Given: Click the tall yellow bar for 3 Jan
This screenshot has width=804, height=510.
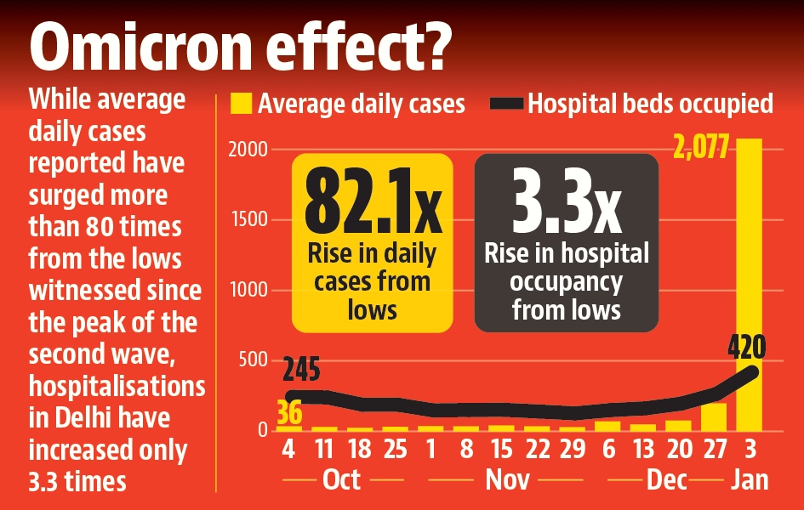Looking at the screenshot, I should [749, 289].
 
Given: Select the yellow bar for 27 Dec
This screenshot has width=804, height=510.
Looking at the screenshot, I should [714, 417].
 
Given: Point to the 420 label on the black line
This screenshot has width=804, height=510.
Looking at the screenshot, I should [747, 348].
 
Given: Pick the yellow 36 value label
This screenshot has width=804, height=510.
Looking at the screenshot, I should [289, 413].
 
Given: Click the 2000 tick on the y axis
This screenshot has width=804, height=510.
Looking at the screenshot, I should [248, 150].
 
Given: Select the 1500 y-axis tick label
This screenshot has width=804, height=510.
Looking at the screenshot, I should [248, 220].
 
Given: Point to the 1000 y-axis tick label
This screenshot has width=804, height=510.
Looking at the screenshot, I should [248, 291].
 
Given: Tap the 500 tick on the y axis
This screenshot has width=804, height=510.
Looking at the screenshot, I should [253, 361].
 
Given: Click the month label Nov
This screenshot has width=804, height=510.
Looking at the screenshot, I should [507, 480].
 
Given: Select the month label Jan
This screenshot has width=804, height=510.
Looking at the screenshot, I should [749, 480].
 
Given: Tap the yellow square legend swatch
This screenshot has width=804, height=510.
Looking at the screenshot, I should [242, 104].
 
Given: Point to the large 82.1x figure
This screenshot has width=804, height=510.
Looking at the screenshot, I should [373, 204].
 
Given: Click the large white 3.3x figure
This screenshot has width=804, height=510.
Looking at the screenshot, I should [566, 204].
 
